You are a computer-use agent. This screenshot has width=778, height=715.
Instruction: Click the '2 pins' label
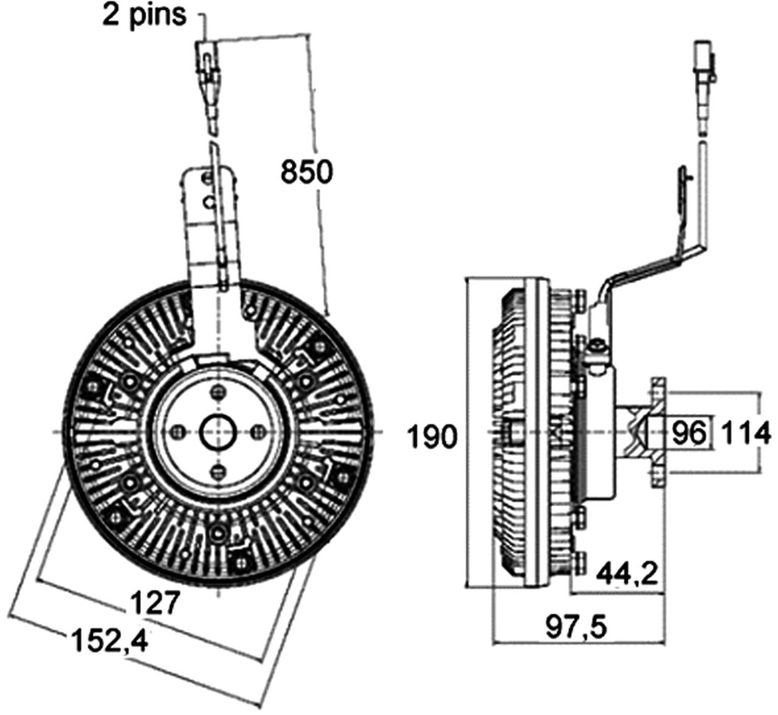[x=144, y=15]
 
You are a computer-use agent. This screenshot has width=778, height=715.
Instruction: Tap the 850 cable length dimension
[x=306, y=171]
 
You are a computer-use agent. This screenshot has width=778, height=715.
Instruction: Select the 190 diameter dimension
[x=431, y=436]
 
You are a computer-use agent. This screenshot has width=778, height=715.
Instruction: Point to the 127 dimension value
[x=156, y=603]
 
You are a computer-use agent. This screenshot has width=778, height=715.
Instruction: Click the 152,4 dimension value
[x=110, y=640]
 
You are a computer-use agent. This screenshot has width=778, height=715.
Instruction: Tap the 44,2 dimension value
[x=627, y=573]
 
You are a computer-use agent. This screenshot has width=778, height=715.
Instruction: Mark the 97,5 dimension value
[x=576, y=626]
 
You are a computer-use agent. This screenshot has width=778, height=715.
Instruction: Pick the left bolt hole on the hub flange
[x=177, y=432]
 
